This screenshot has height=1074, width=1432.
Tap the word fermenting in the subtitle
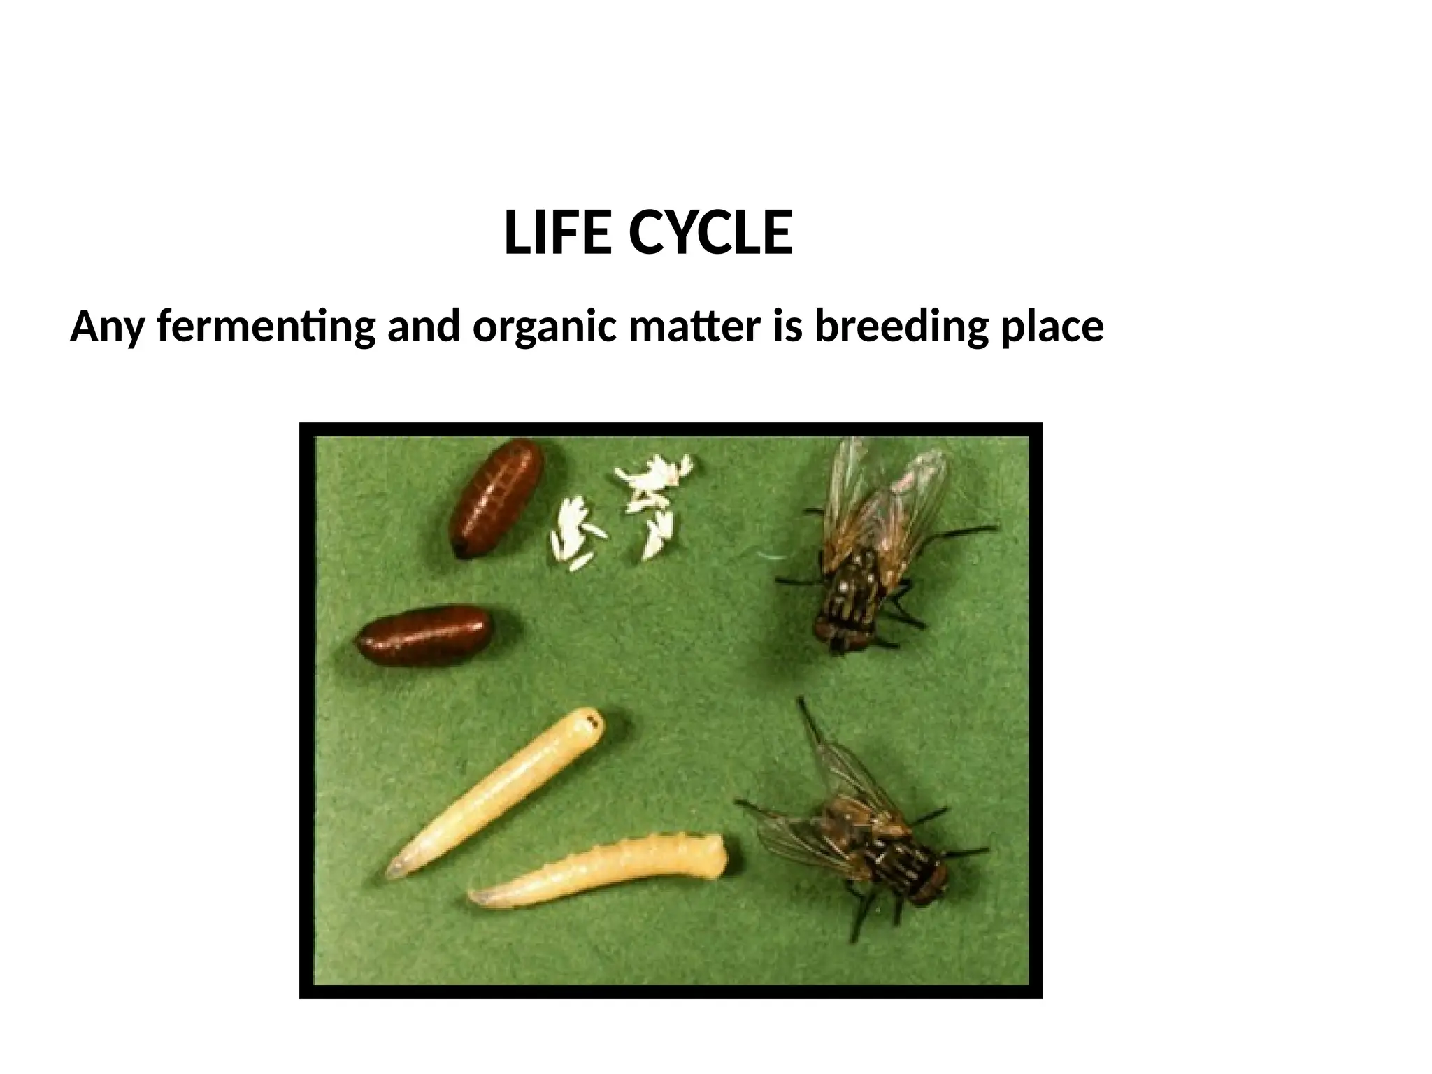pos(266,327)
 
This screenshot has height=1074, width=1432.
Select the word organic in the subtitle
pos(544,327)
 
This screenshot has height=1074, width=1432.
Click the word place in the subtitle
pos(1052,327)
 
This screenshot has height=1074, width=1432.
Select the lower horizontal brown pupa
pos(425,635)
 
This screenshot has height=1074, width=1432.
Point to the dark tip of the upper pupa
pos(461,551)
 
